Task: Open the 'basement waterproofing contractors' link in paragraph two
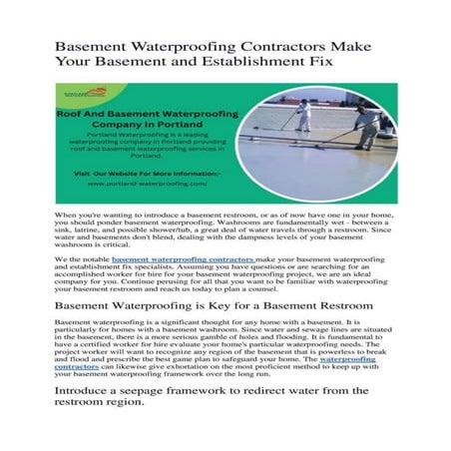click(x=169, y=259)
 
